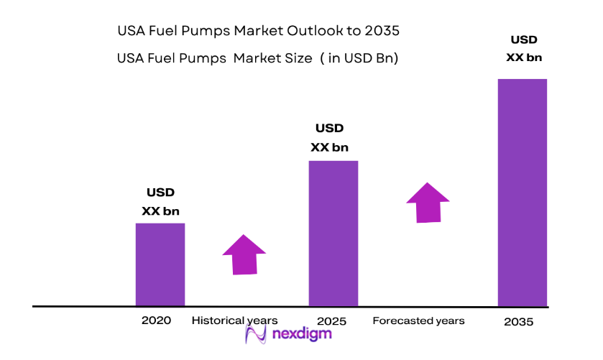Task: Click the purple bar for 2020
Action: coord(160,264)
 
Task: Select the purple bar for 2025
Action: coord(333,234)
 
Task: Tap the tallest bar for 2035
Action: coord(523,193)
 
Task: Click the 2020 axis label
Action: coord(157,320)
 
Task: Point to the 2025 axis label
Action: coord(331,320)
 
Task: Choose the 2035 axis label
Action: coord(519,322)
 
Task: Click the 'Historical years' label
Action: coord(234,320)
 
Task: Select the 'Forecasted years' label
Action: coord(418,320)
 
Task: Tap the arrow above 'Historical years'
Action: coord(244,254)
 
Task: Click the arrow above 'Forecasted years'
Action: coord(428,202)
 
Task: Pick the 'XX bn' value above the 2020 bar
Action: coord(161,211)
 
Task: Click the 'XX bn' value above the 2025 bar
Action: coord(330,147)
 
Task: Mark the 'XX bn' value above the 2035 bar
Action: coord(524,57)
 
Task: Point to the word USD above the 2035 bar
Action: coord(524,39)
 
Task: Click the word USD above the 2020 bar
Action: coord(161,193)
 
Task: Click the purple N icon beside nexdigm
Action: coord(256,334)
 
